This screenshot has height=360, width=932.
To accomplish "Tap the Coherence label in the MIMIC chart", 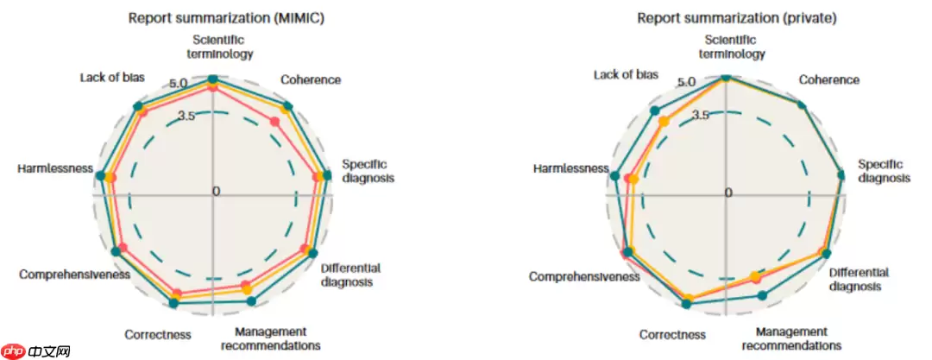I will pos(311,80).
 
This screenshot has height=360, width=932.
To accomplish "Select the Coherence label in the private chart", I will pos(828,80).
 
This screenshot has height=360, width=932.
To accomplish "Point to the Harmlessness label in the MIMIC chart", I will pos(54,167).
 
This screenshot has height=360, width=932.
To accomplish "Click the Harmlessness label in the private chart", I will pos(570,167).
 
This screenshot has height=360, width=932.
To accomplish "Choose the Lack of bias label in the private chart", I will pos(626,75).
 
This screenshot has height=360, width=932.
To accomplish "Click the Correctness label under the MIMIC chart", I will pos(157,335).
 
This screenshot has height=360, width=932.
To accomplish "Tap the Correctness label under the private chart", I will pos(672,335).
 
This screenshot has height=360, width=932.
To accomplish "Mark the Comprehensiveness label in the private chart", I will pos(584,277).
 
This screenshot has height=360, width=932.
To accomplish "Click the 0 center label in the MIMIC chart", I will pos(217,191).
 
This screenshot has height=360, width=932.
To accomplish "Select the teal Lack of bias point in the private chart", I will pos(654,110).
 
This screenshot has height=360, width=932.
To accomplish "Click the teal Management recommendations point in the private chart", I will pos(762,295).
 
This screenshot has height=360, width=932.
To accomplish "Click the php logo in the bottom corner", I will pos(16,351).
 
